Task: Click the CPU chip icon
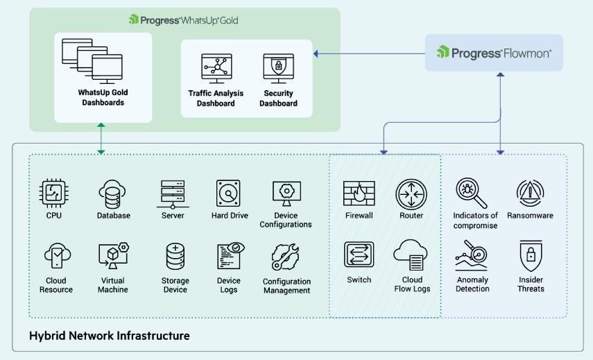tap(54, 194)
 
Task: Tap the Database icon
tap(113, 194)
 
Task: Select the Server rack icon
tap(172, 194)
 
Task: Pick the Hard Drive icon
tap(229, 194)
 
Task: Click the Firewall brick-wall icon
tap(359, 194)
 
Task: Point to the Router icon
tap(411, 194)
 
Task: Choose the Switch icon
tap(359, 255)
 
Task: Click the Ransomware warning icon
tap(530, 193)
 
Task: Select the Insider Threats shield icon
tap(530, 255)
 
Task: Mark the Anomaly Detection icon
tap(472, 255)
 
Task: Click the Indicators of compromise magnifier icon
tap(472, 194)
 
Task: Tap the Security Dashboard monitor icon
tap(278, 69)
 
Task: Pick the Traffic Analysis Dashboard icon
tap(216, 69)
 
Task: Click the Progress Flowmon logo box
tap(494, 53)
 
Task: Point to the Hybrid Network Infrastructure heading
tap(109, 336)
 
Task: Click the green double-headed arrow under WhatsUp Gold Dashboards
tap(101, 139)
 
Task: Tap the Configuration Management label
tap(286, 286)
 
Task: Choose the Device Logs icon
tap(229, 257)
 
